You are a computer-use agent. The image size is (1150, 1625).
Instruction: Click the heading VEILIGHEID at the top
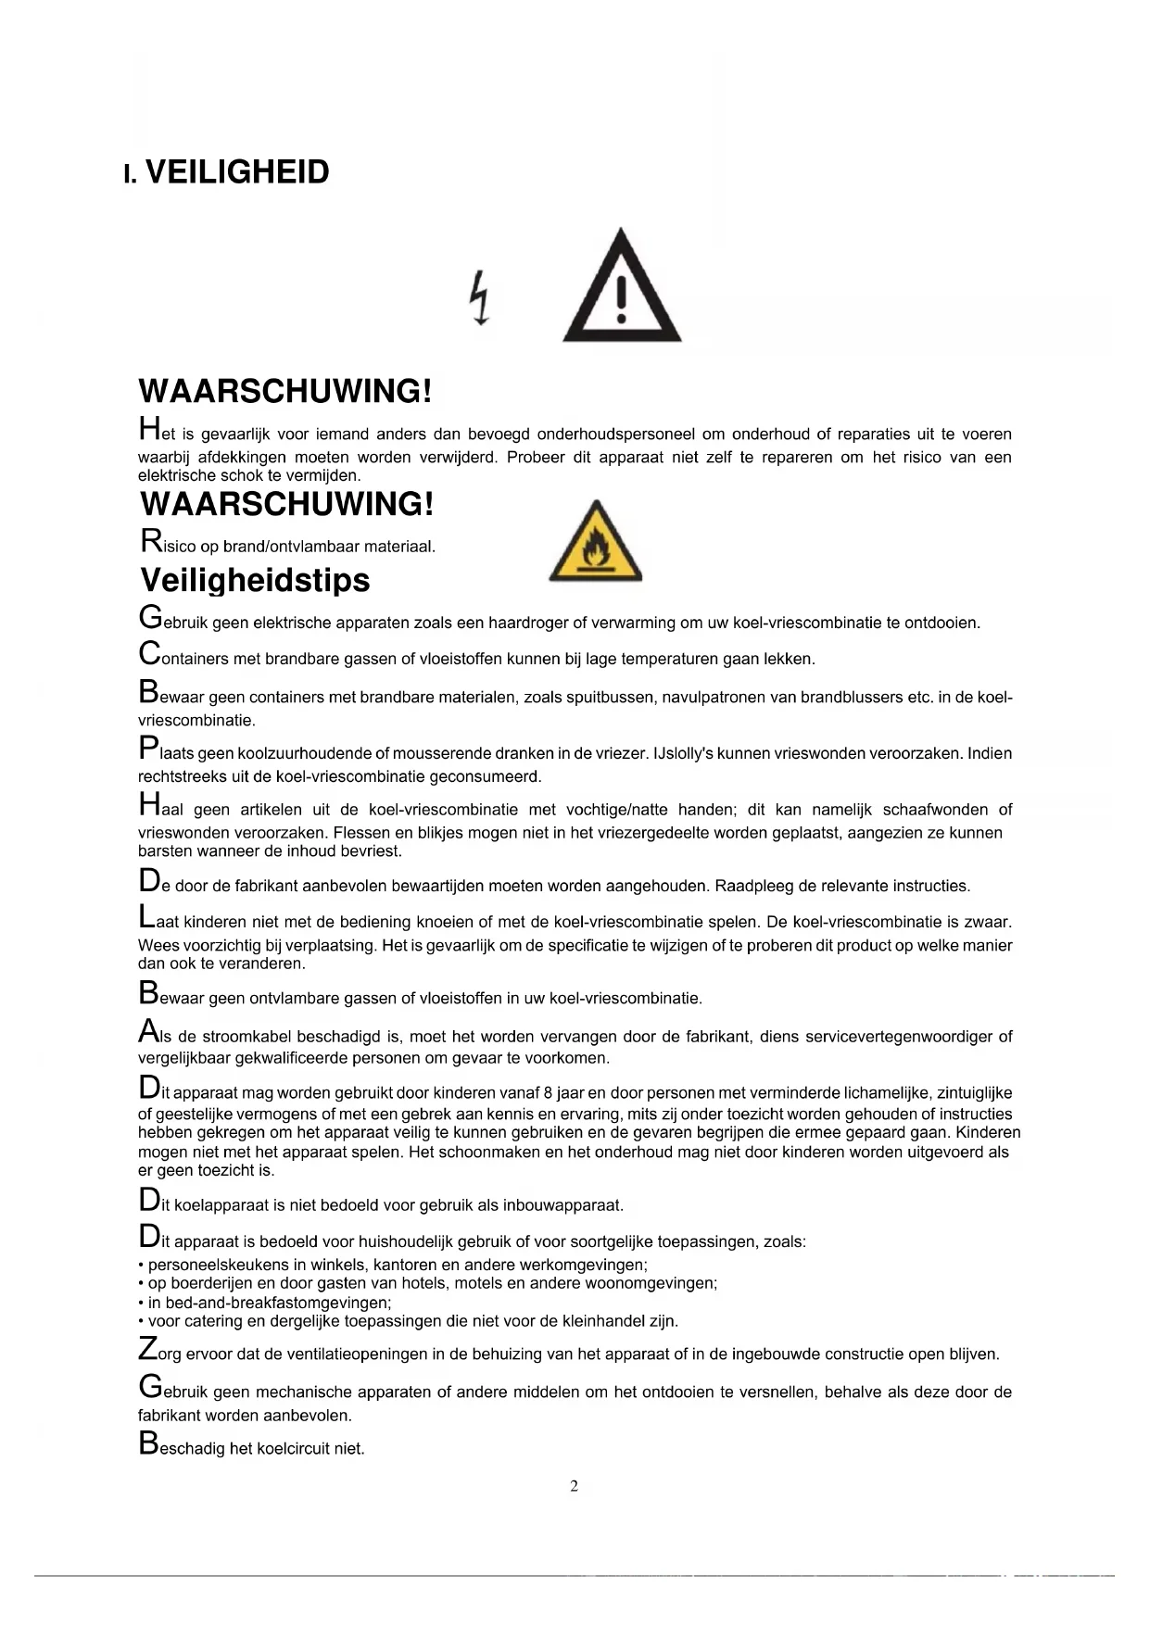point(237,172)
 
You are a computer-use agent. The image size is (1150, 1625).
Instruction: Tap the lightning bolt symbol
point(479,297)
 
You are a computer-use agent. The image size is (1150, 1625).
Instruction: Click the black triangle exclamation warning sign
point(622,288)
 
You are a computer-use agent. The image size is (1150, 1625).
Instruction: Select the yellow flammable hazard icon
point(595,542)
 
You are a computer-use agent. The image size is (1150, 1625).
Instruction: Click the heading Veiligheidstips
point(255,580)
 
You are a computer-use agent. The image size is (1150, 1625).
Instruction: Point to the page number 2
point(574,1486)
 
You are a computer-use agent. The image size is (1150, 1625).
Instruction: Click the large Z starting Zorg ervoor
point(147,1349)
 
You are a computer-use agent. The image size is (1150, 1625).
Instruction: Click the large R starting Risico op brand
point(150,540)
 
